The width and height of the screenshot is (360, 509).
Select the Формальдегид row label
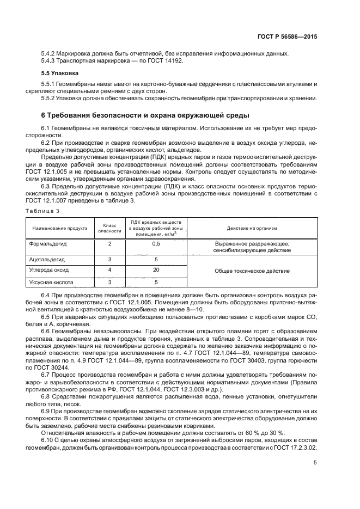(49, 244)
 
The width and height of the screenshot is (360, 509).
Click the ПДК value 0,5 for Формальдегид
(156, 244)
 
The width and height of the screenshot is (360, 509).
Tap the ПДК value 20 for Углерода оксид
(156, 270)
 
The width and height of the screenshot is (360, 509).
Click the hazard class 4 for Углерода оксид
(109, 270)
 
